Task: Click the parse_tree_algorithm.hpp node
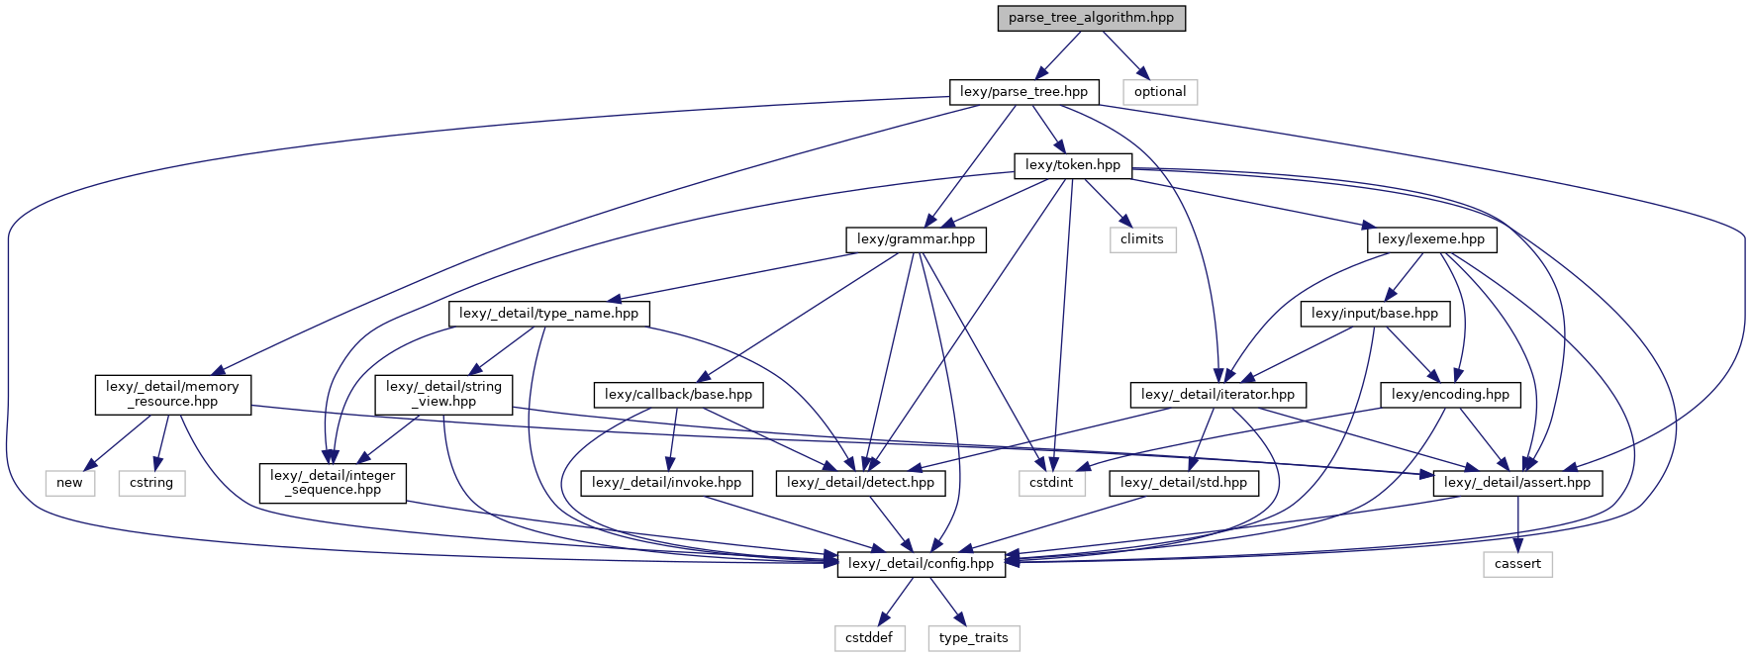(1091, 18)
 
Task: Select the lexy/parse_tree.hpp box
(1023, 92)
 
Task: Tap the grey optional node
(1160, 92)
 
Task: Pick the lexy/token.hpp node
(1072, 165)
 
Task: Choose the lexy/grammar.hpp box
(916, 239)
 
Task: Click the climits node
(1141, 239)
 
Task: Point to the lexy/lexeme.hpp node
(1430, 239)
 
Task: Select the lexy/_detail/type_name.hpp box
(549, 314)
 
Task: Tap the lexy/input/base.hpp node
(1374, 314)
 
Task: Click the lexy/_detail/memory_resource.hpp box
(172, 394)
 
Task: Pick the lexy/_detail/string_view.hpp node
(443, 394)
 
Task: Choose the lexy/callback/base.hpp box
(678, 395)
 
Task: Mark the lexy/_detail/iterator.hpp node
(1217, 395)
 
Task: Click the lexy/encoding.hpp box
(1450, 395)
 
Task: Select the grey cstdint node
(1051, 483)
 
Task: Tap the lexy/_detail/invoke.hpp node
(666, 483)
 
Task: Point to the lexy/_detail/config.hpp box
(921, 564)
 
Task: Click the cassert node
(1517, 564)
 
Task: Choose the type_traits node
(973, 638)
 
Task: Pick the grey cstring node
(151, 483)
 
